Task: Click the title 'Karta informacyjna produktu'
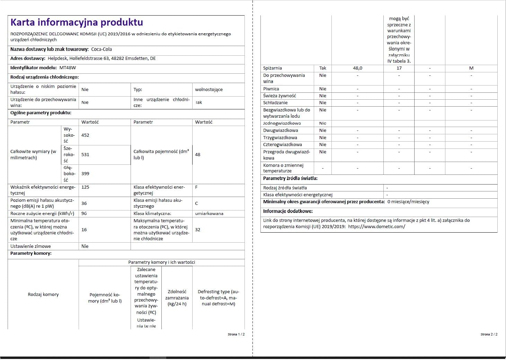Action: tap(77, 22)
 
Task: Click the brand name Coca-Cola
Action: tap(101, 49)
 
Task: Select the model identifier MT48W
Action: tap(68, 68)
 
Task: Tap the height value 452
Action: tap(85, 135)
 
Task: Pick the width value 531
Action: tap(85, 155)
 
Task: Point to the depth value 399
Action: tap(85, 174)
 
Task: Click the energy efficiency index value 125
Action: tap(85, 187)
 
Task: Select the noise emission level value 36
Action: tap(84, 204)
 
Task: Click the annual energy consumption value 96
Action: tap(84, 214)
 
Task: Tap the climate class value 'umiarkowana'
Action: tap(209, 214)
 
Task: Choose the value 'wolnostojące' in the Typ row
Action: tap(209, 90)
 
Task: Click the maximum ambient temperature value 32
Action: tap(198, 230)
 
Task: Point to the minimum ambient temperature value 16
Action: tap(84, 230)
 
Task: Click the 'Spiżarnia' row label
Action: tap(273, 68)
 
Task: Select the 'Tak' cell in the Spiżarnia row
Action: tap(323, 68)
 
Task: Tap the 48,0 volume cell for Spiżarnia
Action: tap(357, 68)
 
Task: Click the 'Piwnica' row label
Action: tap(271, 89)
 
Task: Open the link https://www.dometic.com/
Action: tap(376, 227)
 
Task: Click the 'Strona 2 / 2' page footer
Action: tap(489, 334)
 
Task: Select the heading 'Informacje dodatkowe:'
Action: tap(288, 211)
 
